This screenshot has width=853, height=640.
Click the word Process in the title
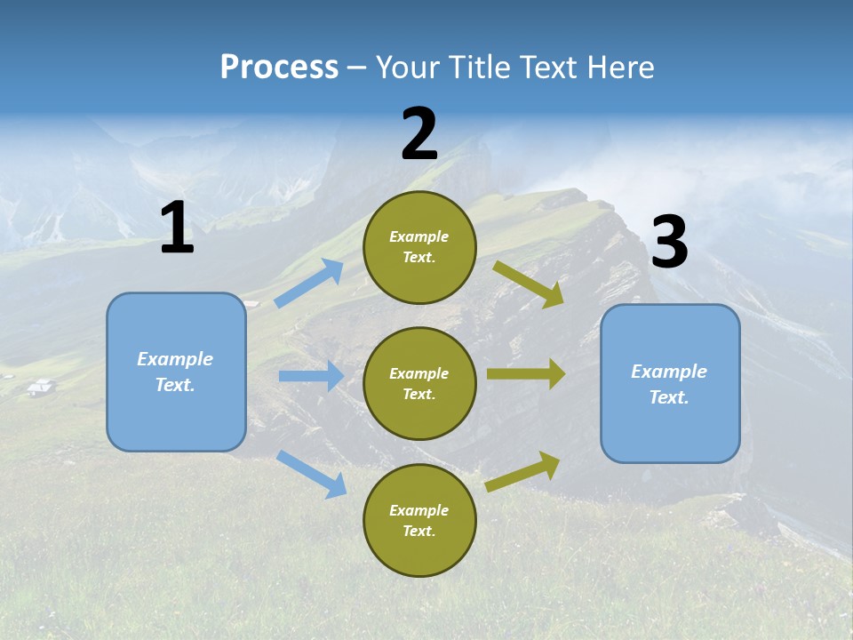point(279,67)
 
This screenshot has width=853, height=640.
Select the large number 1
point(177,228)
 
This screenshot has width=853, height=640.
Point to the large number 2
point(419,134)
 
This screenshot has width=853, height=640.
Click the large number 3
point(670,243)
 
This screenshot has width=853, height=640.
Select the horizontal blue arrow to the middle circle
point(311,376)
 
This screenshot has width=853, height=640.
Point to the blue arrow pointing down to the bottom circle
point(312,473)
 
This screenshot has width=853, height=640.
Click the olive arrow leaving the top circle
point(529,284)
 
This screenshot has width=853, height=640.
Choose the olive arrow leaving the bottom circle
point(523,471)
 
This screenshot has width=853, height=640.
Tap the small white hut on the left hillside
point(39,387)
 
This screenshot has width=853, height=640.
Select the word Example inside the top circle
point(419,236)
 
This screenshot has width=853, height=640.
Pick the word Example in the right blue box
point(669,372)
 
